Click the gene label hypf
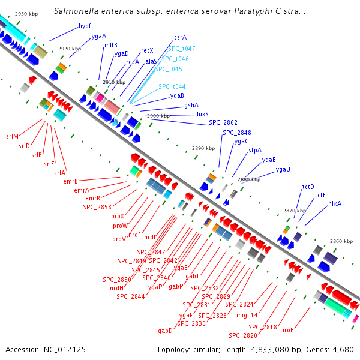pos(85,26)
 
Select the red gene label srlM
pos(12,136)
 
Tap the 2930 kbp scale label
pos(26,13)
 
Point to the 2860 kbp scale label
pos(341,241)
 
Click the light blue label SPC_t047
pos(181,49)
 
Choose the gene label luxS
pos(203,114)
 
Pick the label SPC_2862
pos(223,122)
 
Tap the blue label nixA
pos(335,204)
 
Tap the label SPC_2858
pos(97,207)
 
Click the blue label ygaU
pos(283,170)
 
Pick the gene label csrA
pos(180,37)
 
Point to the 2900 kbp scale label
pos(158,116)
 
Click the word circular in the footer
pos(209,349)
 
